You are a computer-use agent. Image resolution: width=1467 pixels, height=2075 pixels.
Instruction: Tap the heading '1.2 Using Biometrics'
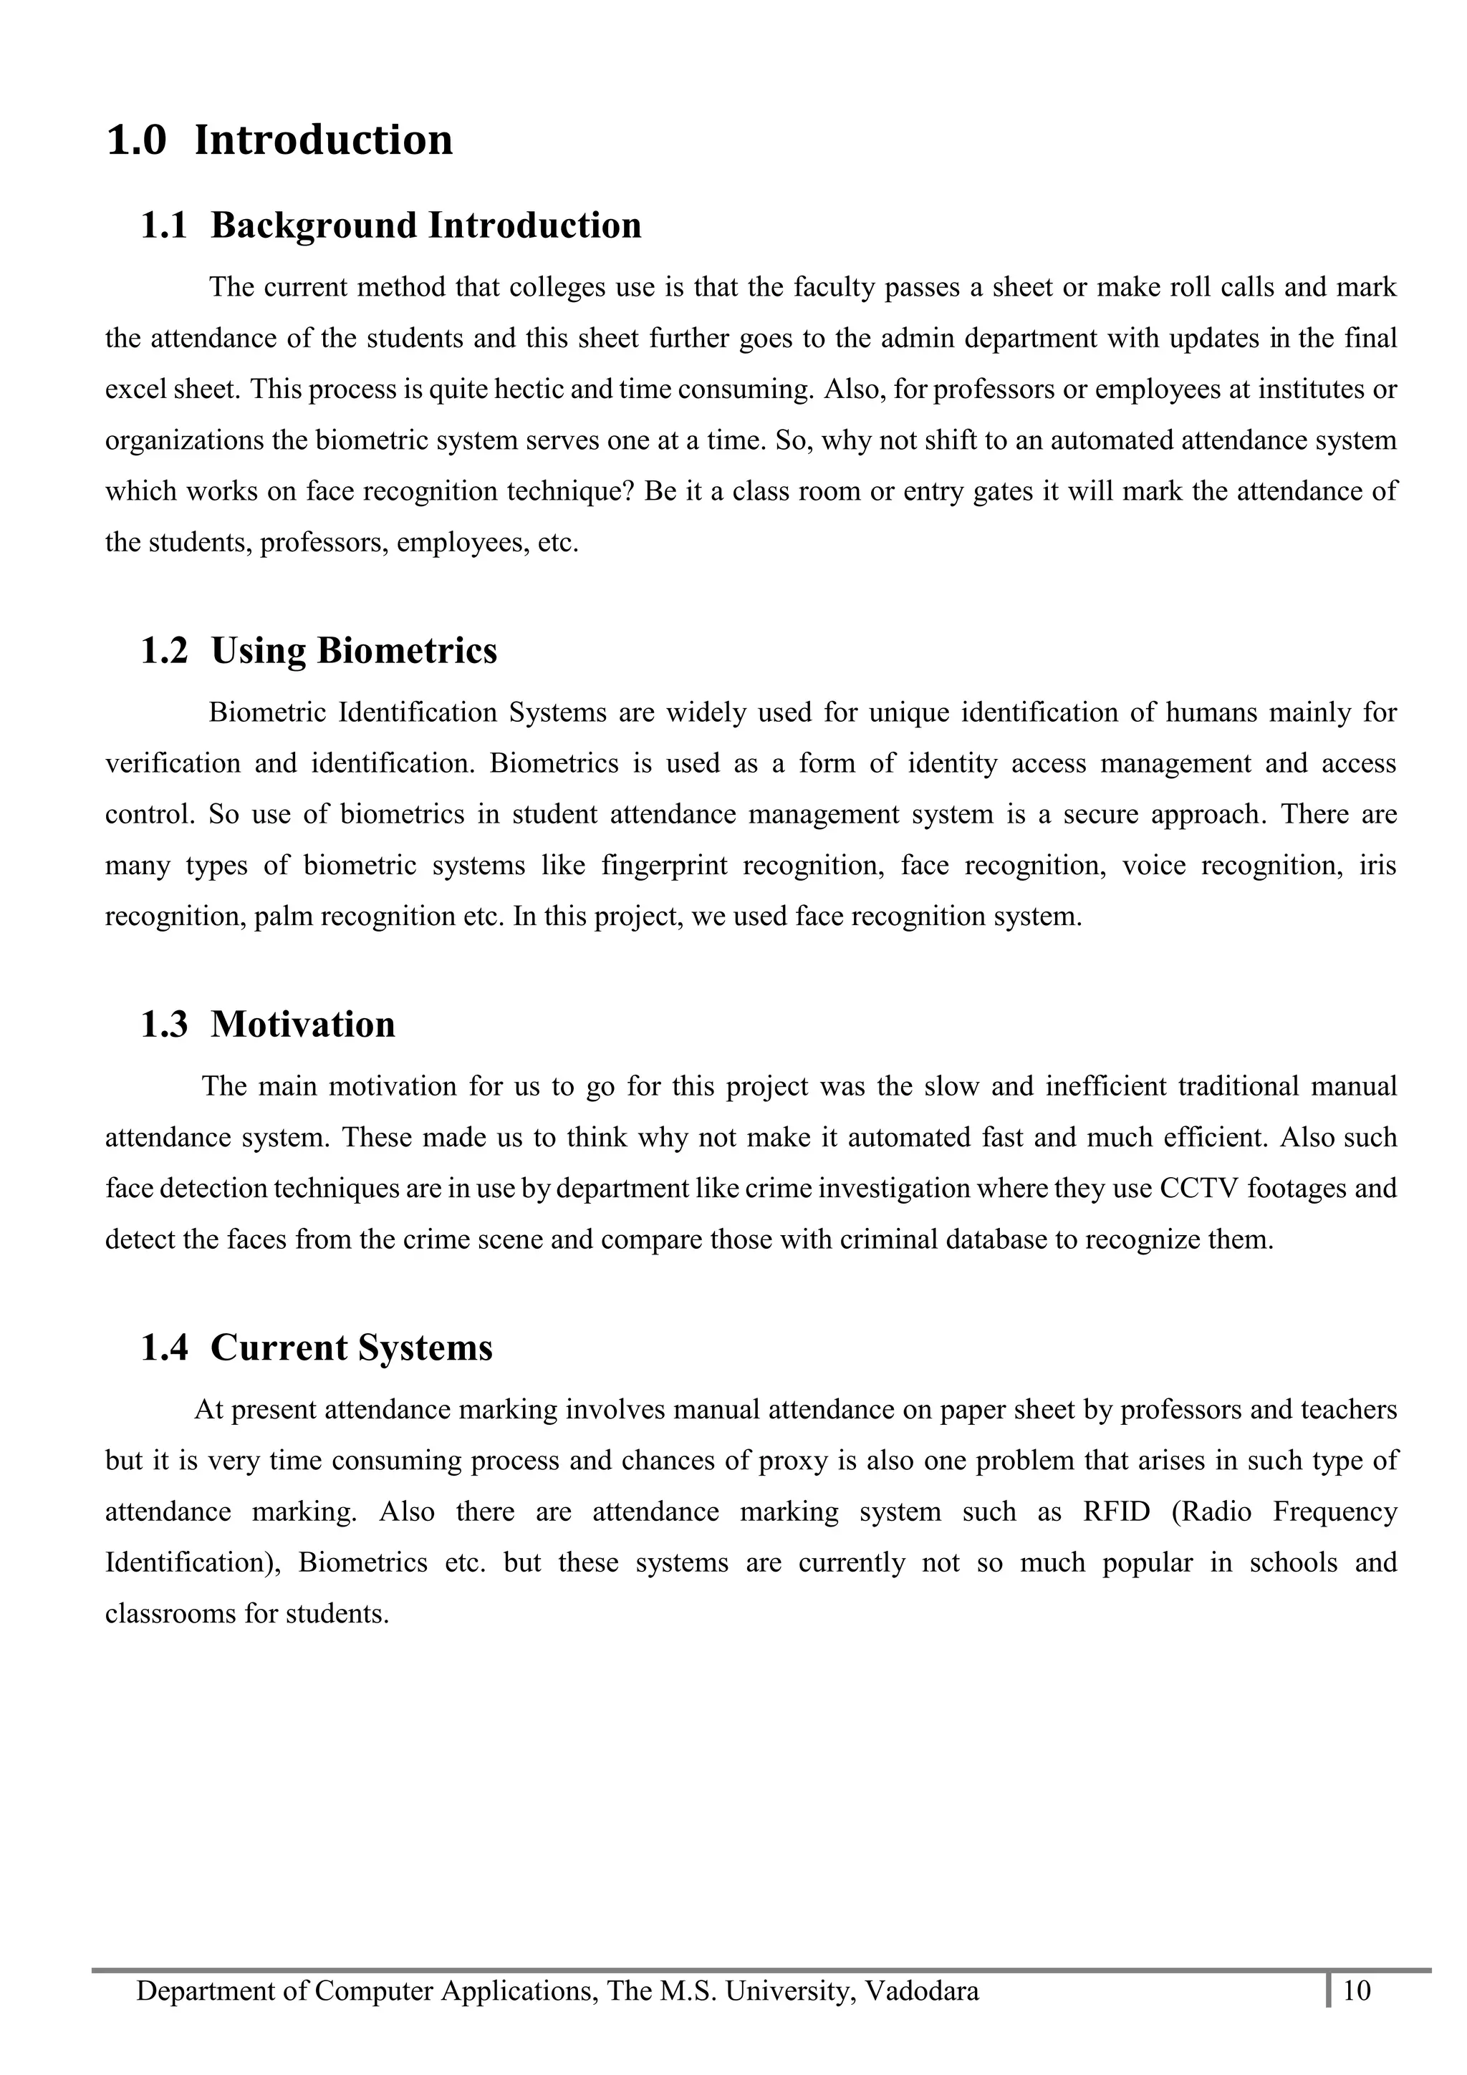(318, 651)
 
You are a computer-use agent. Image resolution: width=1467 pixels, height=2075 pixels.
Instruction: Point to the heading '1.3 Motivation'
(268, 1025)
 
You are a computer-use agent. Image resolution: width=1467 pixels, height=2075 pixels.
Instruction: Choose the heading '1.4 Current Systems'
(317, 1348)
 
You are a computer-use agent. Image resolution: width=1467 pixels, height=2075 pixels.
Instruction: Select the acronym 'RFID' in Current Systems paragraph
(1116, 1512)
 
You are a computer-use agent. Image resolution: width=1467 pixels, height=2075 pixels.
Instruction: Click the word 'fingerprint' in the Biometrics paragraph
(664, 866)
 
